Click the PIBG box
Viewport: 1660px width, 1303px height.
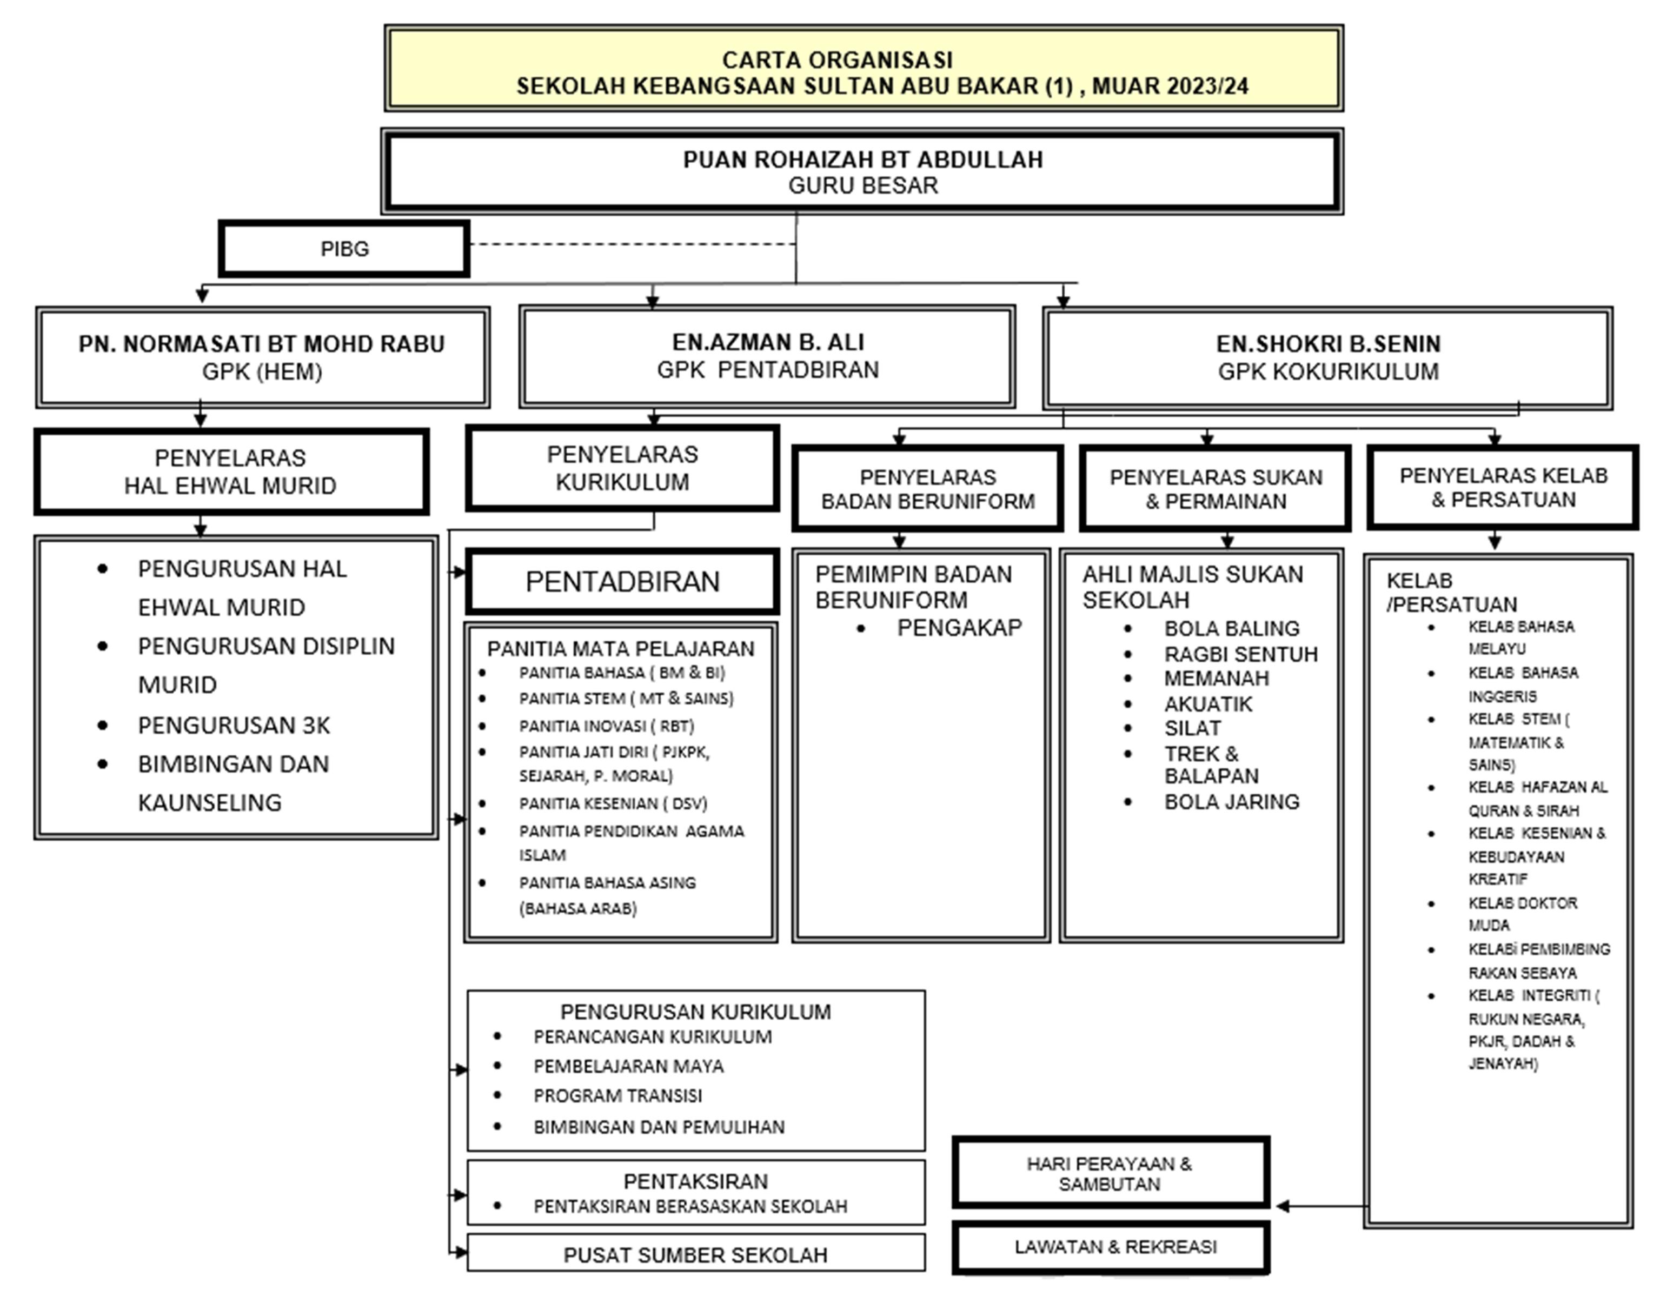click(344, 249)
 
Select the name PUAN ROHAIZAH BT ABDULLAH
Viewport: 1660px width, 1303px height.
click(863, 159)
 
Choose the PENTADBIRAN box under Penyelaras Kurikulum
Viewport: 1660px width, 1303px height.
click(622, 581)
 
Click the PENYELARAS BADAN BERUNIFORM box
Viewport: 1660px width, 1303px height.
click(928, 488)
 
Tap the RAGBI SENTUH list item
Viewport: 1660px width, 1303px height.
click(1240, 655)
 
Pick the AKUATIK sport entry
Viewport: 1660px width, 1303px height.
click(1207, 704)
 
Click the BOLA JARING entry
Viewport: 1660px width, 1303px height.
click(1231, 802)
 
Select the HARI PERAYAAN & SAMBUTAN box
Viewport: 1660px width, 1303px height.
click(1111, 1173)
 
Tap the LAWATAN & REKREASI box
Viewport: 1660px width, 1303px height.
click(1111, 1247)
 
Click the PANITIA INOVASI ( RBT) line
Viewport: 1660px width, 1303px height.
click(607, 726)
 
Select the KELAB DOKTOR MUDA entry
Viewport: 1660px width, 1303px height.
click(1522, 914)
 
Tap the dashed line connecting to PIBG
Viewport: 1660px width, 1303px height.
click(633, 244)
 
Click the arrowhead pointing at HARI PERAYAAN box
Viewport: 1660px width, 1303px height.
click(1283, 1206)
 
